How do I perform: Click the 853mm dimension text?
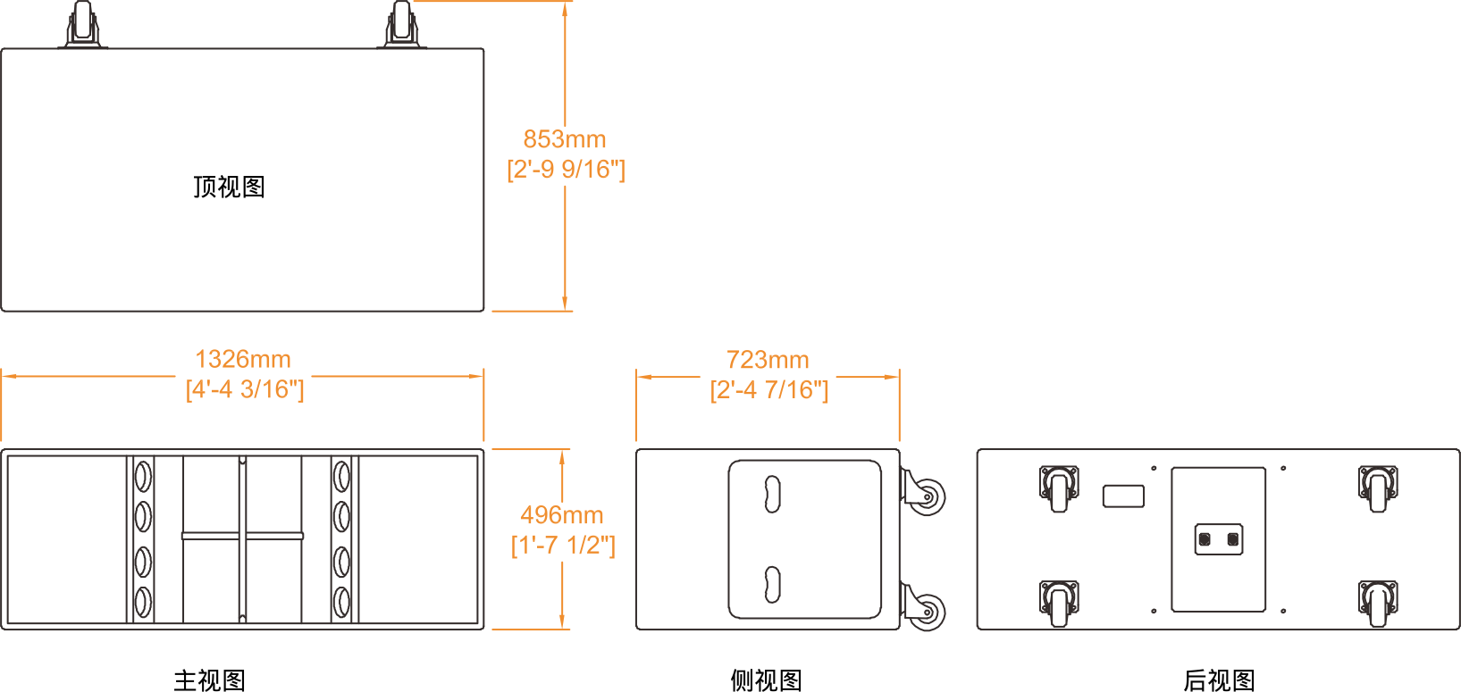click(564, 139)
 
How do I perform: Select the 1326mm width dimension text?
click(243, 359)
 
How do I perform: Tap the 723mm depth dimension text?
click(768, 360)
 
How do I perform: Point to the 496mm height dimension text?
click(561, 515)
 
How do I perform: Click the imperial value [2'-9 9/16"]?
click(566, 169)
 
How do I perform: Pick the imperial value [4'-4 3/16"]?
click(245, 389)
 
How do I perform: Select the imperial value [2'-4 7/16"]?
click(769, 389)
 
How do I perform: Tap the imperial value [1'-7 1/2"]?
click(563, 545)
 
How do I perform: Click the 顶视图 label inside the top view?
click(230, 187)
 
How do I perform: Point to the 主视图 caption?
click(210, 680)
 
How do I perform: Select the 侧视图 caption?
click(766, 680)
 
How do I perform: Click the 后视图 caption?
click(1219, 680)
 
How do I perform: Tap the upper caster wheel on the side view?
click(924, 494)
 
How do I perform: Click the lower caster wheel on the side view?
click(924, 610)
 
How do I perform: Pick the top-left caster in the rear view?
click(1059, 488)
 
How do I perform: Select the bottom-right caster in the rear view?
click(1377, 602)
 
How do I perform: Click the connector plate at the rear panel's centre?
click(1219, 539)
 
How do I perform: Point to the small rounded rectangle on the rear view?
click(1123, 496)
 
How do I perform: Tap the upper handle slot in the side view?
click(772, 494)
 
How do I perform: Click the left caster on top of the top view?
click(82, 24)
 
